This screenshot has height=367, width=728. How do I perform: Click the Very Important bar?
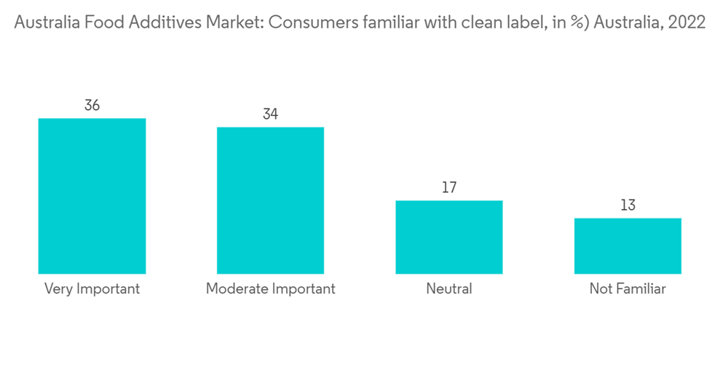[x=92, y=196]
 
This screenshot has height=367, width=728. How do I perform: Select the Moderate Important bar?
[x=270, y=200]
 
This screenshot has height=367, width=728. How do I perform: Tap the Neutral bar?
[x=449, y=237]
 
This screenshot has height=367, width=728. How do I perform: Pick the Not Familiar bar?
[x=628, y=245]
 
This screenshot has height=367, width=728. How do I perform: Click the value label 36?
[x=92, y=106]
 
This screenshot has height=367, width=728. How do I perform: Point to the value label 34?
[x=270, y=114]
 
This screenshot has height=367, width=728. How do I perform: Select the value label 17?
[x=449, y=188]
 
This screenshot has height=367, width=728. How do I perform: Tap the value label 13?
[x=628, y=205]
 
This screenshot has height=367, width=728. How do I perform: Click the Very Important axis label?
[x=92, y=289]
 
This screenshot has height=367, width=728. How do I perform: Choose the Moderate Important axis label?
[x=270, y=289]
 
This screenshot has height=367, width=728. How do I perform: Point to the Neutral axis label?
[x=449, y=289]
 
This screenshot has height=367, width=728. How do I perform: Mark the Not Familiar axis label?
[x=628, y=289]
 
